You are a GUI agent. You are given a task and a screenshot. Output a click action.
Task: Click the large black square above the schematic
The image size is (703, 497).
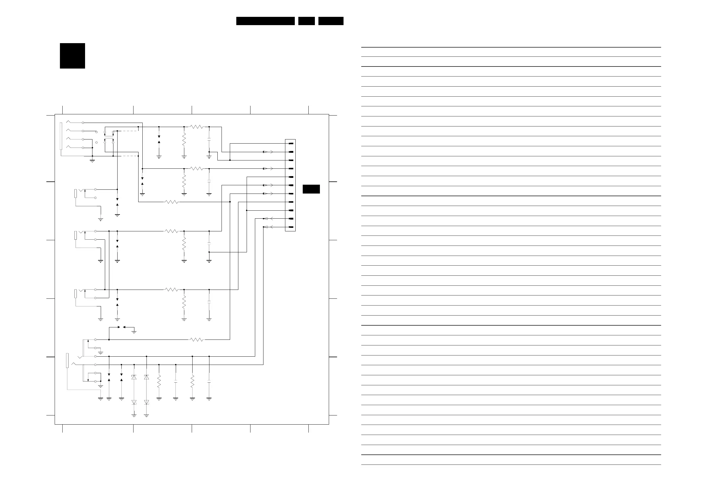[72, 56]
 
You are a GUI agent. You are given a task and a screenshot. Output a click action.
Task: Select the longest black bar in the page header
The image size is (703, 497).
[265, 21]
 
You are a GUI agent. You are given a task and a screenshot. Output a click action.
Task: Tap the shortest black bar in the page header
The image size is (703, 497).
[306, 21]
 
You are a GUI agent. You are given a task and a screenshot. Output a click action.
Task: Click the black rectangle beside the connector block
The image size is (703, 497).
[311, 189]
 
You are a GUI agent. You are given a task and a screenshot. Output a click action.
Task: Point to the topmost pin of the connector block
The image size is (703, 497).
[291, 143]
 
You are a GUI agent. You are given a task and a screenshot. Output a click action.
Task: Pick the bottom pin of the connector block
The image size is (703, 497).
[291, 227]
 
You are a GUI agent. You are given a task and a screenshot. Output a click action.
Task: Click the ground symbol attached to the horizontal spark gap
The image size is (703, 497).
[134, 332]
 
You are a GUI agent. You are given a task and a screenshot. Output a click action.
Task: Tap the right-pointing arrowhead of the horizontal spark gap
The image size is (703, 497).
[119, 327]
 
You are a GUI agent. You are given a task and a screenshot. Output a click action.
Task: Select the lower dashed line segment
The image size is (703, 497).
[130, 156]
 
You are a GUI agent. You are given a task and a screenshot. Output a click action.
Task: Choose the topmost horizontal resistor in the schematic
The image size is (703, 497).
[196, 127]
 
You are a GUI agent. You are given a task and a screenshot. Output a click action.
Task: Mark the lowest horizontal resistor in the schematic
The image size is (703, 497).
[196, 340]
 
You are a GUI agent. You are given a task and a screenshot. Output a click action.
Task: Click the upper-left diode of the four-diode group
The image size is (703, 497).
[134, 377]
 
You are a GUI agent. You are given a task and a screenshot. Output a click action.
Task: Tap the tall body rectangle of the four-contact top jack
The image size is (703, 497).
[61, 136]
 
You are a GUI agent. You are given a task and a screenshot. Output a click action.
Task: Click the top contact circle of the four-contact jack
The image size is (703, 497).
[83, 123]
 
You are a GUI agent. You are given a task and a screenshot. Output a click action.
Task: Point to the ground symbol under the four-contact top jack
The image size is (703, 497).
[92, 160]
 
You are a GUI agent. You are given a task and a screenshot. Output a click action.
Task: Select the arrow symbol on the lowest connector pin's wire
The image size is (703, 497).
[266, 227]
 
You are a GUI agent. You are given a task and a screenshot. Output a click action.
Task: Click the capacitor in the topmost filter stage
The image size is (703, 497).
[209, 140]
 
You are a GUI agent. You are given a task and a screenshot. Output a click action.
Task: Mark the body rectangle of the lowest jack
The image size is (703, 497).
[67, 360]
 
